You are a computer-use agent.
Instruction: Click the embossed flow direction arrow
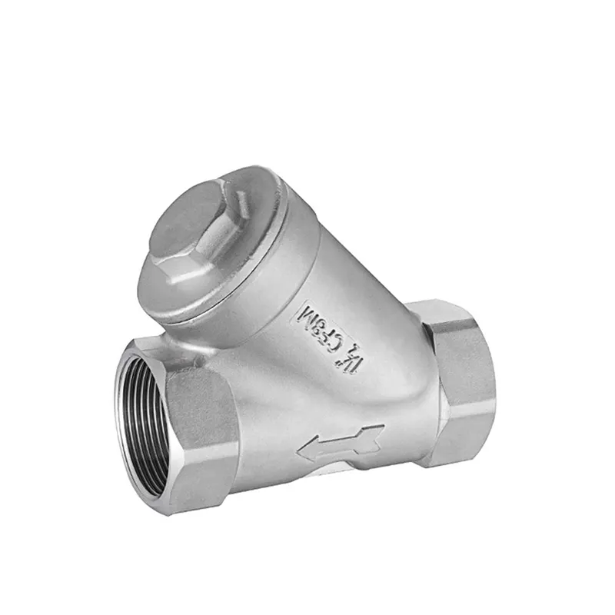[x=338, y=444]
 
